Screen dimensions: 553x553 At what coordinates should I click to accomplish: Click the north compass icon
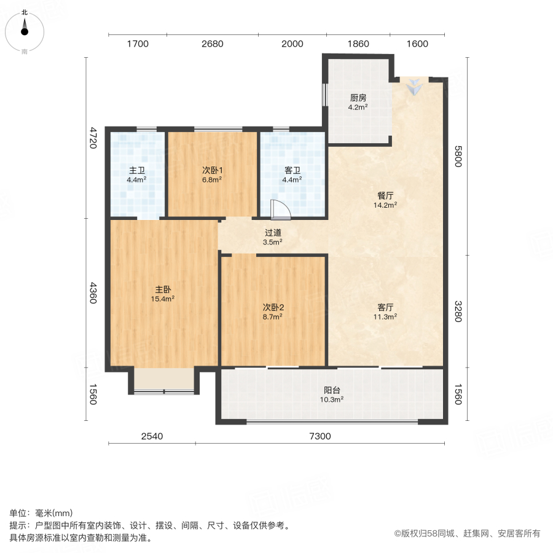click(25, 30)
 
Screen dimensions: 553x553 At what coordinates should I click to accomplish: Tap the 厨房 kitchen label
click(358, 98)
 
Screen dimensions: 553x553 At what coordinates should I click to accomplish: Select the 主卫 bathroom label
click(136, 171)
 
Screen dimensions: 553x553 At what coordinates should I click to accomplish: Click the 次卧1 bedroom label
click(212, 171)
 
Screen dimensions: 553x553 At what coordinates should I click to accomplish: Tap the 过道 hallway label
click(273, 233)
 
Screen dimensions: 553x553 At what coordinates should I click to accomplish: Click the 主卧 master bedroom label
click(163, 289)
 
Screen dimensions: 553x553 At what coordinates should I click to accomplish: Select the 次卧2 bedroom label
click(273, 307)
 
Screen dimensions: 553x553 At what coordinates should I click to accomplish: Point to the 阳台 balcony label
click(332, 390)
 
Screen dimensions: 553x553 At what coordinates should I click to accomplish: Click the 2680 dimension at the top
click(212, 44)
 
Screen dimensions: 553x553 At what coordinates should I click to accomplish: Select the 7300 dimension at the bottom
click(320, 437)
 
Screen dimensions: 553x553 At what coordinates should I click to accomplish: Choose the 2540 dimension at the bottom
click(152, 437)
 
